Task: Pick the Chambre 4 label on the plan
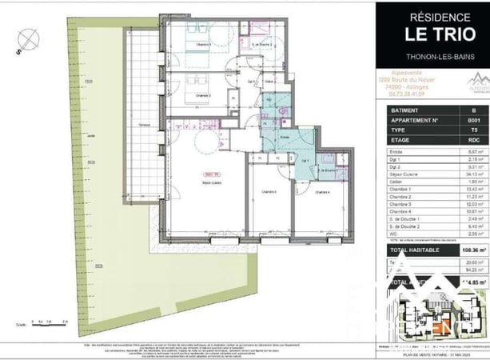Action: (322, 192)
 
